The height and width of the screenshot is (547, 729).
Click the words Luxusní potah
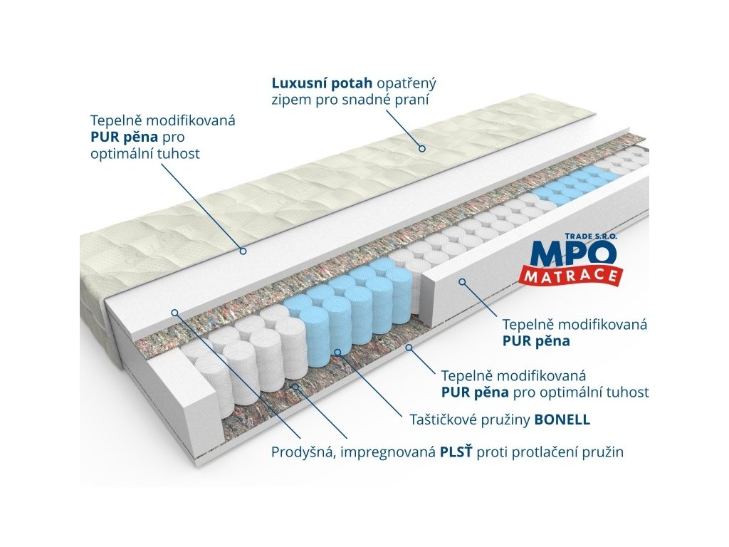click(317, 82)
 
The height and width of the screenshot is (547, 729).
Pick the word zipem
click(290, 100)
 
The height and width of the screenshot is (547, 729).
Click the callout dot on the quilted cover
click(421, 148)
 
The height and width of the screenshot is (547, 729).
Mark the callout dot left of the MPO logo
click(461, 282)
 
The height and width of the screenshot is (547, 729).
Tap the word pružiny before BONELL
click(507, 420)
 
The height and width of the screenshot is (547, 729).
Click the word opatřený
click(409, 82)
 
